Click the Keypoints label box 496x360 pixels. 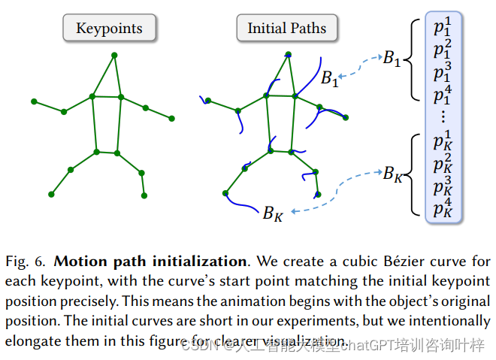[110, 29]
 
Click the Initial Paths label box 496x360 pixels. [287, 29]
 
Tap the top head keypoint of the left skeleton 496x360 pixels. [114, 55]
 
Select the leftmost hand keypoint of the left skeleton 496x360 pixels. [33, 101]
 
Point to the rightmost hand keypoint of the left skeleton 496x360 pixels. [171, 118]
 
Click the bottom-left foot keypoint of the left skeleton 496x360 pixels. [51, 194]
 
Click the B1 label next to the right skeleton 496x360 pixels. [328, 77]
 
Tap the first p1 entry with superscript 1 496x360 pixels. [444, 28]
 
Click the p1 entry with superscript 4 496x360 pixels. [444, 95]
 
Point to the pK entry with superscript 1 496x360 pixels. [444, 141]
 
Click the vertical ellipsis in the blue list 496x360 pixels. [443, 116]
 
